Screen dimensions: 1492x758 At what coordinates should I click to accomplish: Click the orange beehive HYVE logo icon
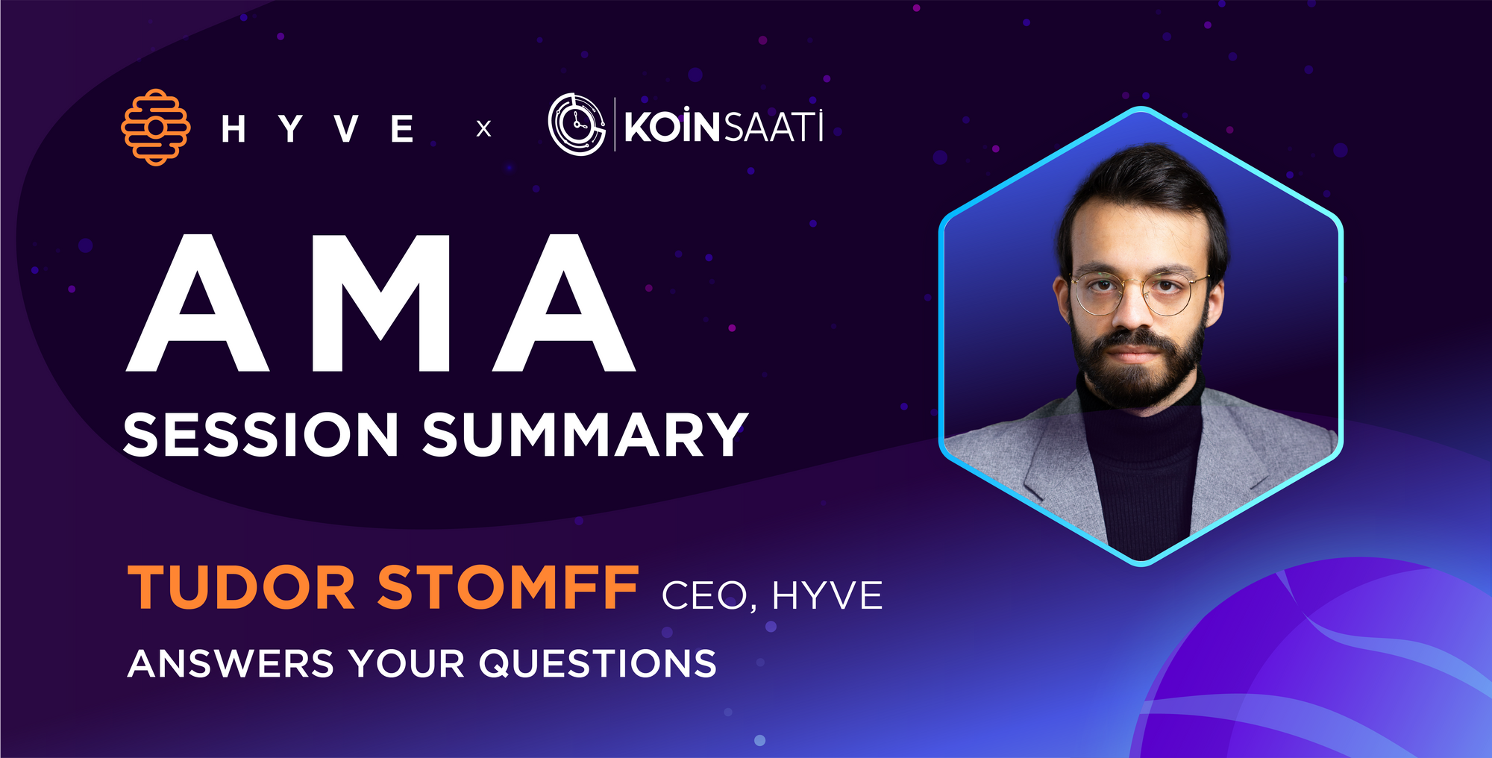(155, 128)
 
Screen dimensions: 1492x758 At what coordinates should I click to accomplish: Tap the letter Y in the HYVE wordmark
(290, 128)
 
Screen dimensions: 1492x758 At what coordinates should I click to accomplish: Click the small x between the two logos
(483, 129)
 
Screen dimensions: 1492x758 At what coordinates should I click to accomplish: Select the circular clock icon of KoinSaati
(577, 125)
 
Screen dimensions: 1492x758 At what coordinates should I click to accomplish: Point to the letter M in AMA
(381, 303)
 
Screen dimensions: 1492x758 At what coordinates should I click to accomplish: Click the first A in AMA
(198, 303)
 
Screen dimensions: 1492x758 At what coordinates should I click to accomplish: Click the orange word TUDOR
(241, 587)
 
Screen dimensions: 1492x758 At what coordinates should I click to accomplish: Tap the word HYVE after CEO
(827, 595)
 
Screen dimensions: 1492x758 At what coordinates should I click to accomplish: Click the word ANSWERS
(231, 663)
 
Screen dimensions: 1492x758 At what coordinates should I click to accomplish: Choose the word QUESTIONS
(598, 663)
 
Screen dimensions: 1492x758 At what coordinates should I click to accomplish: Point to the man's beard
(1137, 366)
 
